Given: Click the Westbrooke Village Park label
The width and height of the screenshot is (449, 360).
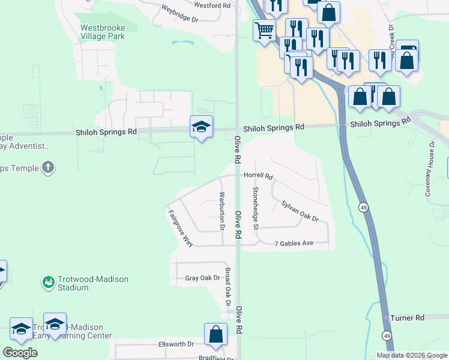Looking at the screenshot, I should (103, 32).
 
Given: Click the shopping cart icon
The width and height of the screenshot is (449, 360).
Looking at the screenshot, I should (264, 29).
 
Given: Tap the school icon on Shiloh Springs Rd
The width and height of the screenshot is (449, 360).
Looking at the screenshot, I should (202, 127).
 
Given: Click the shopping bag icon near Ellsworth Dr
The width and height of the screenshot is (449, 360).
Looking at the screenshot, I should (215, 335).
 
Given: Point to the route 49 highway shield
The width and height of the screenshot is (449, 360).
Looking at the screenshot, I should (364, 207).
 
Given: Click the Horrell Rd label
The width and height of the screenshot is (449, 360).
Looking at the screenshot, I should (258, 177).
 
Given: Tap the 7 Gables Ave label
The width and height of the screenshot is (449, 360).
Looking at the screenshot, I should (294, 244).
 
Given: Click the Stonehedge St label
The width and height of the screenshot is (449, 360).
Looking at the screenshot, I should (256, 208).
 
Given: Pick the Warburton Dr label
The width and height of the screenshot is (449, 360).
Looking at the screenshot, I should (221, 211).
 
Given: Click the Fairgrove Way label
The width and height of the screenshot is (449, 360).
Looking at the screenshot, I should (181, 228).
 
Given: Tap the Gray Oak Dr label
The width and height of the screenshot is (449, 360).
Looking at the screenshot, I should (203, 278).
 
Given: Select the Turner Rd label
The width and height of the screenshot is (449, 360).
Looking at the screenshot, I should (407, 317).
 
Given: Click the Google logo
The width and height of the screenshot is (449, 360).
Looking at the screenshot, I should (20, 353).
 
